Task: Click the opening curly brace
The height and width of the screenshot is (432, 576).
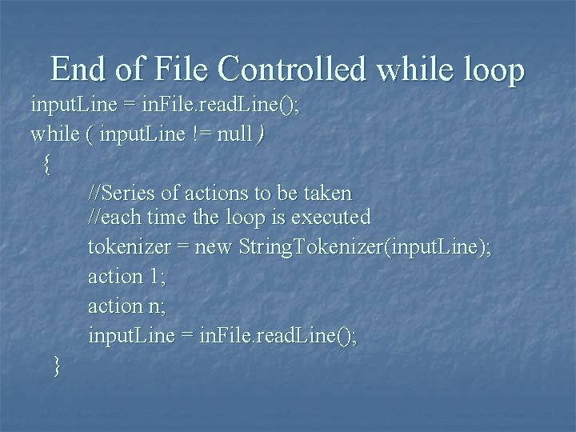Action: [x=48, y=165]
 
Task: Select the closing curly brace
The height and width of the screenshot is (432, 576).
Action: [x=56, y=366]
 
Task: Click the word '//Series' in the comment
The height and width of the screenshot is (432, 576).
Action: [x=121, y=193]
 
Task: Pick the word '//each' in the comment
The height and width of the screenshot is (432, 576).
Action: [x=114, y=217]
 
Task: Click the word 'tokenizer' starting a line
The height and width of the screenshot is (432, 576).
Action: [x=128, y=247]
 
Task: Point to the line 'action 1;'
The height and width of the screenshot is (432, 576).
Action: [x=126, y=277]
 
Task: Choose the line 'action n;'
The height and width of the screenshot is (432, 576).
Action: [x=126, y=306]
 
